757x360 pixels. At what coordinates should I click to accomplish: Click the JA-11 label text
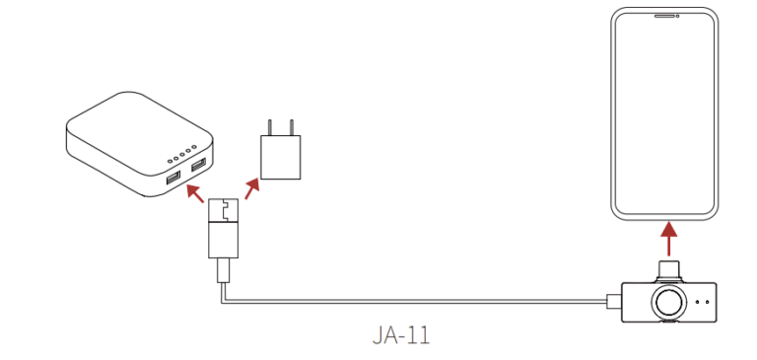[401, 335]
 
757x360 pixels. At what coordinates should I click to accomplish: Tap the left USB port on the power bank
[173, 179]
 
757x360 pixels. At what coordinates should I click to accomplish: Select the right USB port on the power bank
[198, 166]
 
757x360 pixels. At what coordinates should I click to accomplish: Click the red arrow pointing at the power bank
[195, 192]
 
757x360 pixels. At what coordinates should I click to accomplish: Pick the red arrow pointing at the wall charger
[252, 189]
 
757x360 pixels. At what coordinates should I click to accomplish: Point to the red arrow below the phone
[668, 239]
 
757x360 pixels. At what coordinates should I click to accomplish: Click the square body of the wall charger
[281, 158]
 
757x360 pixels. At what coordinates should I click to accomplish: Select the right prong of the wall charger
[291, 127]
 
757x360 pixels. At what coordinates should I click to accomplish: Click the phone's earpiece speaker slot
[664, 16]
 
